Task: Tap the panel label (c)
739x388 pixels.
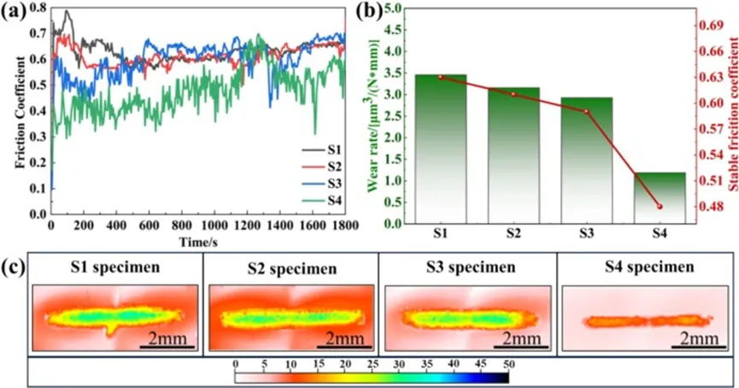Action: point(15,265)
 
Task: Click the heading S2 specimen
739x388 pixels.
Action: point(290,267)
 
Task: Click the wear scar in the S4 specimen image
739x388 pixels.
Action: point(647,321)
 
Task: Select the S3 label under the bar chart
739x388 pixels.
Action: point(587,232)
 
